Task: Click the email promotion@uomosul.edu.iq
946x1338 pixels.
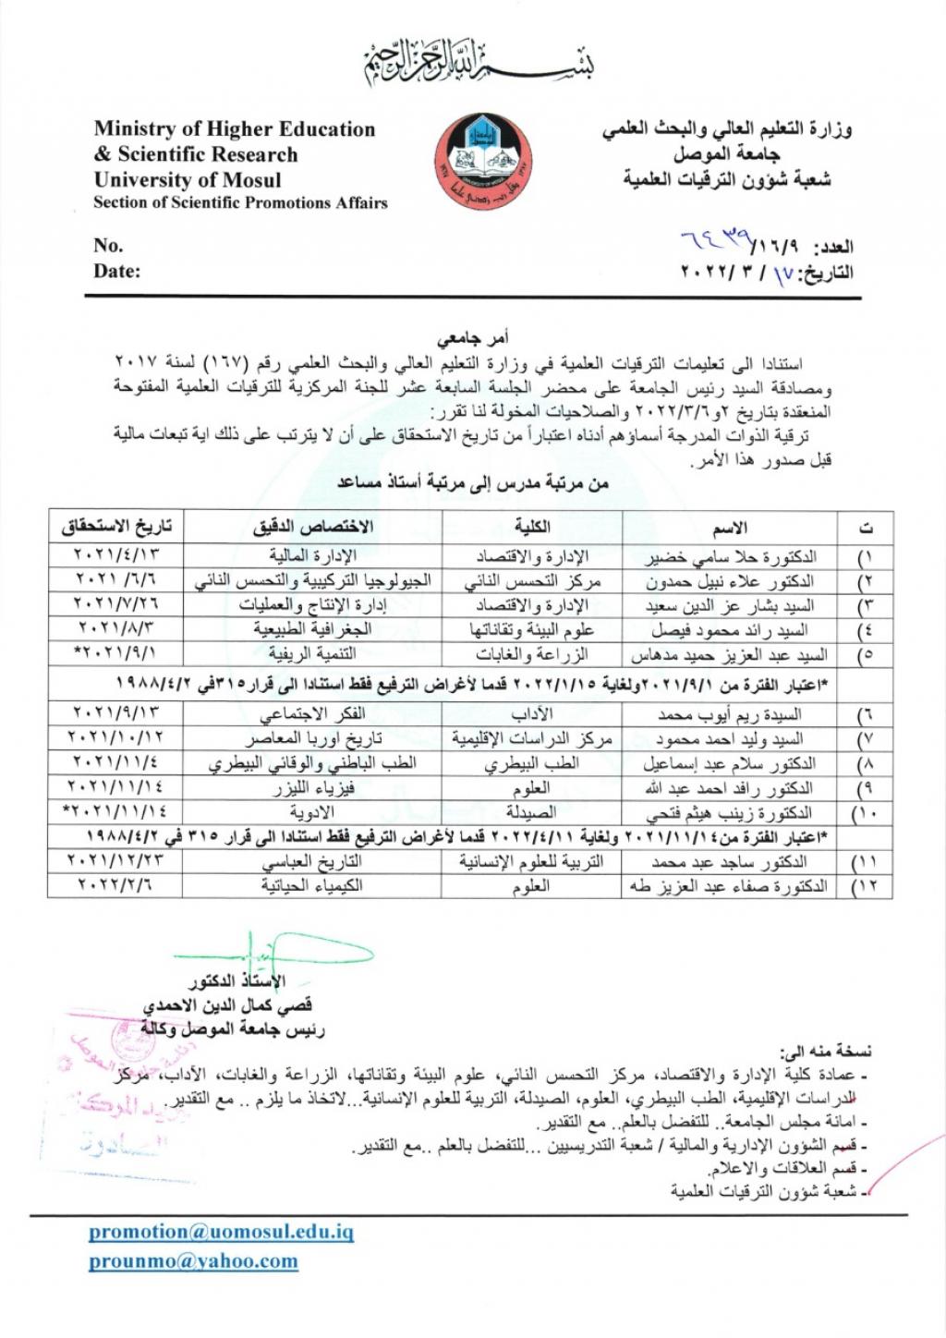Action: coord(221,1232)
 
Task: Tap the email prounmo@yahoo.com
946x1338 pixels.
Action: coord(193,1261)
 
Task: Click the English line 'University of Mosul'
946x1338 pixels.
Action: coord(188,179)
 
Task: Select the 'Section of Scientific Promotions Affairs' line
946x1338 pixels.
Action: coord(240,203)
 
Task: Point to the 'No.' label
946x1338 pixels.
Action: coord(108,246)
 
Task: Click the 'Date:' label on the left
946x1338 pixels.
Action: coord(116,272)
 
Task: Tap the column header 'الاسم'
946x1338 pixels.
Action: coord(730,528)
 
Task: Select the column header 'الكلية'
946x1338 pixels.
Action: coord(532,527)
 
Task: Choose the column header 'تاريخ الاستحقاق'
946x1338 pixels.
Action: coord(116,527)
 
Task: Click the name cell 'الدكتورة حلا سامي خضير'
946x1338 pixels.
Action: coord(730,557)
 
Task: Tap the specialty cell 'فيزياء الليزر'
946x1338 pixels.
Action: coord(313,789)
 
